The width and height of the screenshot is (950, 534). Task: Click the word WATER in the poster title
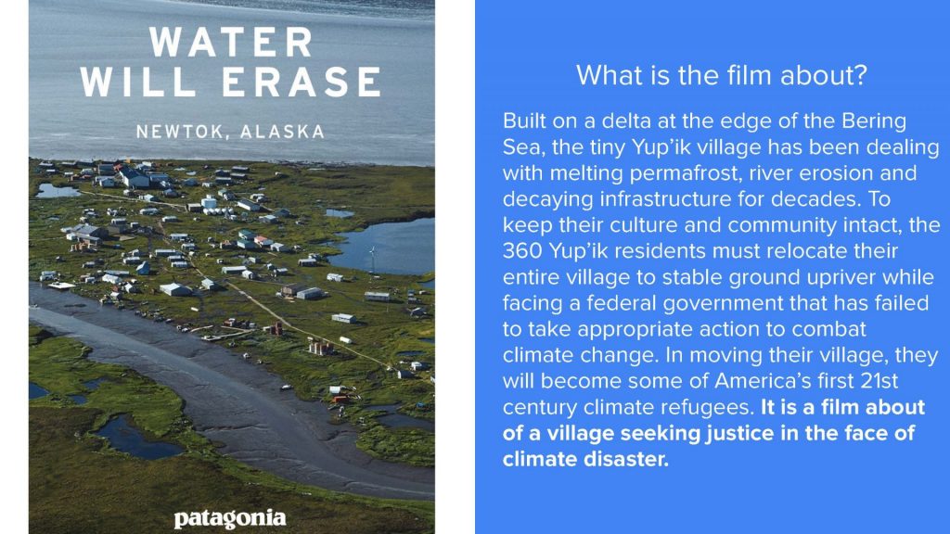[x=231, y=43]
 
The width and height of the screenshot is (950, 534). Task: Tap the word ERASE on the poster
[x=302, y=82]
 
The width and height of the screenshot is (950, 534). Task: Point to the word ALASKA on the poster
[x=283, y=132]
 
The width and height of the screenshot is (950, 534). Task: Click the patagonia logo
[x=230, y=519]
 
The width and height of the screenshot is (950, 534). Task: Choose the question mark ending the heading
[x=861, y=76]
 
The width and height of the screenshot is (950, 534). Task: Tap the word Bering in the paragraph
[x=874, y=121]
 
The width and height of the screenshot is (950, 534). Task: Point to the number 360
[x=522, y=251]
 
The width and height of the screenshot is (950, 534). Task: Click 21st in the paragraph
[x=879, y=381]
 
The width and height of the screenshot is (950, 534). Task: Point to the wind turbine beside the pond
[x=372, y=261]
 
